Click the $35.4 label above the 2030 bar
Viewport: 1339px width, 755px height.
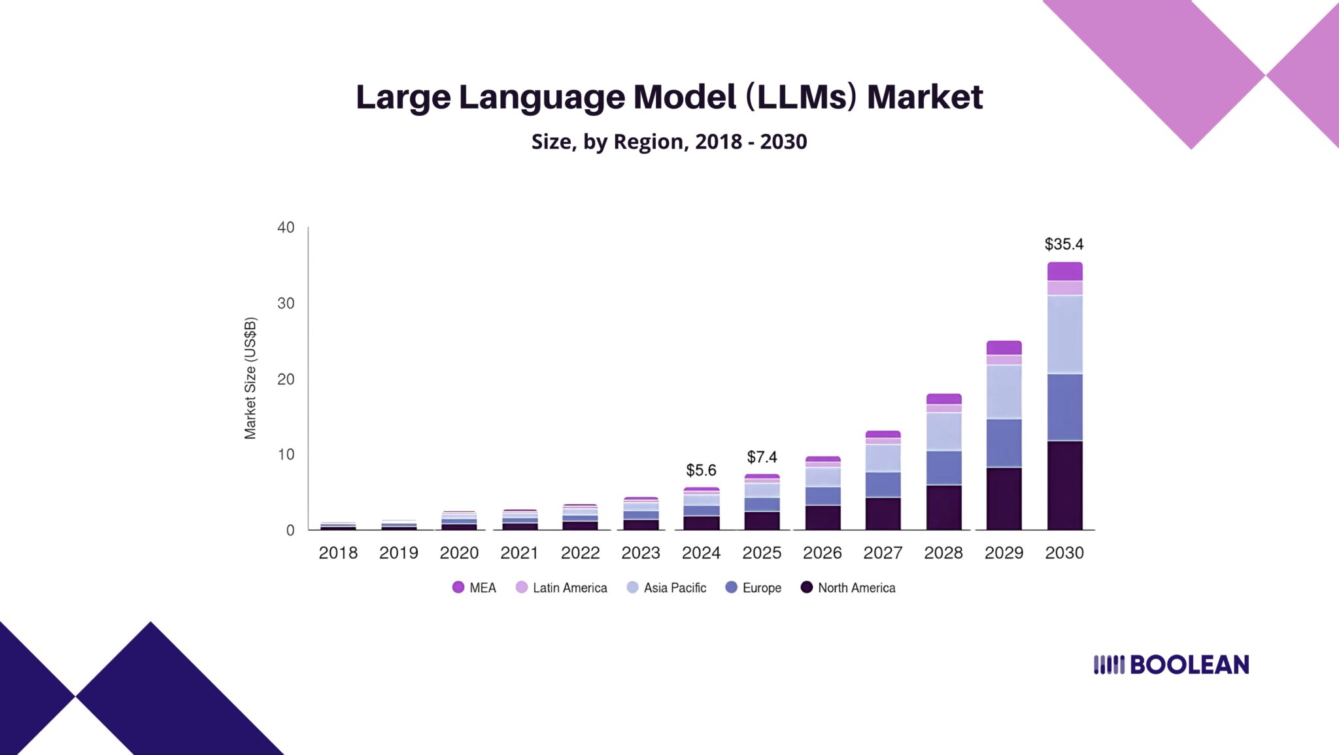1064,244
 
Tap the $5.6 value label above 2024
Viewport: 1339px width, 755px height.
701,470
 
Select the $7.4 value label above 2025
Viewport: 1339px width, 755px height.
762,457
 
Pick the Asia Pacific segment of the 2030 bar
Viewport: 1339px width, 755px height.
1064,334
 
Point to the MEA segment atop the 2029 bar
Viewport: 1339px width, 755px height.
1004,348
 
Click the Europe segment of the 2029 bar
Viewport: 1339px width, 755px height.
1004,443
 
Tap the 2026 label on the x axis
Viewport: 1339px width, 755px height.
822,553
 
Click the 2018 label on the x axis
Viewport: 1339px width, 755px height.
338,553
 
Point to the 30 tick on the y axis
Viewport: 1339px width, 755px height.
286,303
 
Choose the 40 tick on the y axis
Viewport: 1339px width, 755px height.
286,227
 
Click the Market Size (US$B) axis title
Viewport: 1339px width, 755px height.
250,378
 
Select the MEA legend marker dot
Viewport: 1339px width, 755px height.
458,587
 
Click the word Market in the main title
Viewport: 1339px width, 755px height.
924,97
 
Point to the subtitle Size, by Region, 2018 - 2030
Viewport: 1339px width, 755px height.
669,142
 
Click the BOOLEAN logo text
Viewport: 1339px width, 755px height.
1189,665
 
